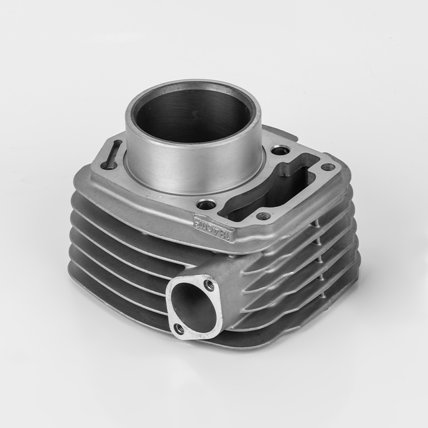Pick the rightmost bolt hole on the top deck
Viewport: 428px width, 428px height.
329,167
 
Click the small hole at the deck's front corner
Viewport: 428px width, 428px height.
262,216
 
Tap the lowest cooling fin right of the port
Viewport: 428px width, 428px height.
289,326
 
